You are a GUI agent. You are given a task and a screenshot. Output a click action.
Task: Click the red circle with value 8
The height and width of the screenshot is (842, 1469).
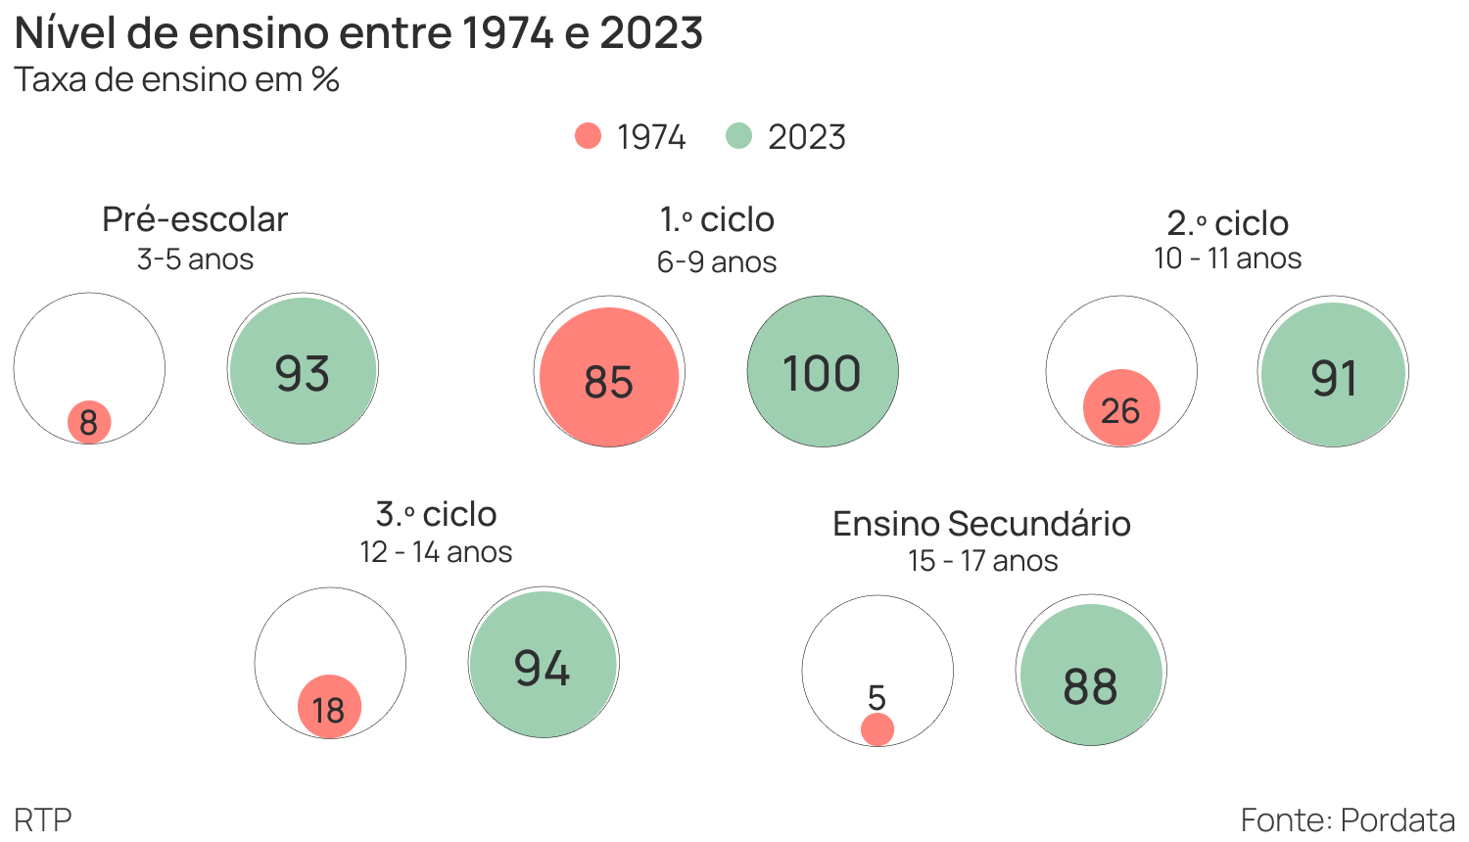point(89,423)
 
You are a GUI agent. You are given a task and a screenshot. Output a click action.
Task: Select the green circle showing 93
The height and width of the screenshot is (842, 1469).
point(303,371)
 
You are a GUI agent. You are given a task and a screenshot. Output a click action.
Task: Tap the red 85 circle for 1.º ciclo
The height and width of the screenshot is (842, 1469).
point(609,377)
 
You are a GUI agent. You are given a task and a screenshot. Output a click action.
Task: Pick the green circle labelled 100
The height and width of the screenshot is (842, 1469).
point(823,372)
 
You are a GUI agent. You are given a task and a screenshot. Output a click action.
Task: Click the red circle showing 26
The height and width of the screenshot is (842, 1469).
point(1121,408)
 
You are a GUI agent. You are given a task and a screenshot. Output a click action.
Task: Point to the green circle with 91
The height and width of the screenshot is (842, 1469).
point(1334,374)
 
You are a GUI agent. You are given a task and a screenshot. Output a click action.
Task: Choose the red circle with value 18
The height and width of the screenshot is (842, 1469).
point(330,707)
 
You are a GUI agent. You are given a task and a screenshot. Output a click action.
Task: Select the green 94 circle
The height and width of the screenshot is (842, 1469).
point(544,663)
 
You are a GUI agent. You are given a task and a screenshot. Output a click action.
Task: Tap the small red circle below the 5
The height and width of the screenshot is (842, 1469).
point(877,729)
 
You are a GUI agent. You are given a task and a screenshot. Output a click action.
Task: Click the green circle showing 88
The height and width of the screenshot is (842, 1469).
point(1091,676)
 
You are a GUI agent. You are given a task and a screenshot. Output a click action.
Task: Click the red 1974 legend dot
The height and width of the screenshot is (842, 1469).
point(588,136)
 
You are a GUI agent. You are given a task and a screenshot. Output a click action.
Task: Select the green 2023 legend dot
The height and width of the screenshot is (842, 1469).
point(738,136)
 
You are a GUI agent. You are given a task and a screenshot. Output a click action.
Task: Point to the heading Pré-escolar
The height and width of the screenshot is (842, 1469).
point(195,219)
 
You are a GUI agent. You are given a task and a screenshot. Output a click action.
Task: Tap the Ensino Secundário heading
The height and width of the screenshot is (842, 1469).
point(981,524)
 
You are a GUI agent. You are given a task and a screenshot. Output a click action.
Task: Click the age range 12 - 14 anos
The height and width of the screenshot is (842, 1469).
point(436,552)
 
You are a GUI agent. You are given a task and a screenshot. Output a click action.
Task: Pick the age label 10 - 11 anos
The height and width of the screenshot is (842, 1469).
point(1227,258)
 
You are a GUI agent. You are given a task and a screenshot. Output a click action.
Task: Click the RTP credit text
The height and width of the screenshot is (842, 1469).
point(43,819)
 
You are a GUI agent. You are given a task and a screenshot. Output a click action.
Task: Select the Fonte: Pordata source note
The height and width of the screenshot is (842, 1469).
point(1348,819)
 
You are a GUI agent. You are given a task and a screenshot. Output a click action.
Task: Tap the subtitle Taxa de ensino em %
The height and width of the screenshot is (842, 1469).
point(176,79)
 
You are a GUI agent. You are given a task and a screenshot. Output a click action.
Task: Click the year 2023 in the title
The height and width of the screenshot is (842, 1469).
point(651,33)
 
